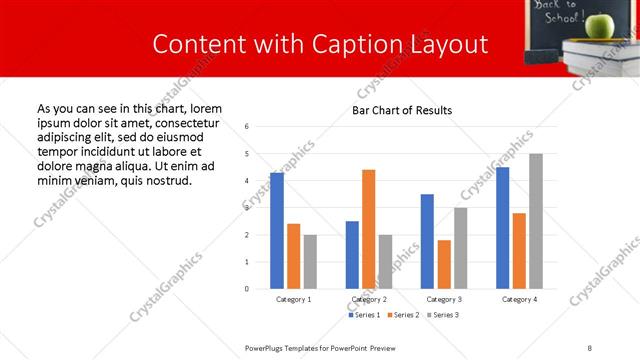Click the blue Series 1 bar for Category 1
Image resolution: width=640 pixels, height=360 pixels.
(277, 231)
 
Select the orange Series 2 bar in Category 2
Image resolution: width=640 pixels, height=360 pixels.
(368, 229)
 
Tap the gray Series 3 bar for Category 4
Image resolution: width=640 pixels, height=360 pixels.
(536, 221)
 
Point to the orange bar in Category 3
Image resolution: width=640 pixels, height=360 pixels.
(444, 264)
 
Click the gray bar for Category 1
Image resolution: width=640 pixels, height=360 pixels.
(310, 262)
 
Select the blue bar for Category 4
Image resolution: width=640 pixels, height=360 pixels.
(502, 228)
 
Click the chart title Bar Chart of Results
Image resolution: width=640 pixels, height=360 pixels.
(402, 110)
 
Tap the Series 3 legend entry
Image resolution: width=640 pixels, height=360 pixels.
(444, 316)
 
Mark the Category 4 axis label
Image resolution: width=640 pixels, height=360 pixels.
(519, 299)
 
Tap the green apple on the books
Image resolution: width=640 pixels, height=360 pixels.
(599, 25)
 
